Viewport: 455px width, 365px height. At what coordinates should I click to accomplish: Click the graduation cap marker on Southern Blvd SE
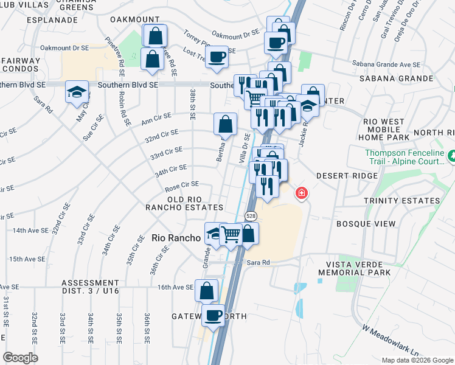pyautogui.click(x=77, y=92)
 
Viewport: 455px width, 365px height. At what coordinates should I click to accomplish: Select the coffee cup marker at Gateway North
pyautogui.click(x=214, y=315)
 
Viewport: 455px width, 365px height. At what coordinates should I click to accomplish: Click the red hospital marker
pyautogui.click(x=301, y=194)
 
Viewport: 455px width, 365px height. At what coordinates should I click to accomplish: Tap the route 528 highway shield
pyautogui.click(x=251, y=216)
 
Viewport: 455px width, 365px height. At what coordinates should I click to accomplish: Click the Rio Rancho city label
pyautogui.click(x=176, y=238)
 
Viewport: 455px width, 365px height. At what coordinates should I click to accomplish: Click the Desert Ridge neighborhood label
pyautogui.click(x=347, y=175)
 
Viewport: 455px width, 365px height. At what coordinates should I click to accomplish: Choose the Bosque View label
pyautogui.click(x=366, y=224)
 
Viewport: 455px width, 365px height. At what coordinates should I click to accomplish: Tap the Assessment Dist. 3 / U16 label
pyautogui.click(x=90, y=287)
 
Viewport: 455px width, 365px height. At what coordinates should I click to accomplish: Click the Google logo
pyautogui.click(x=20, y=358)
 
